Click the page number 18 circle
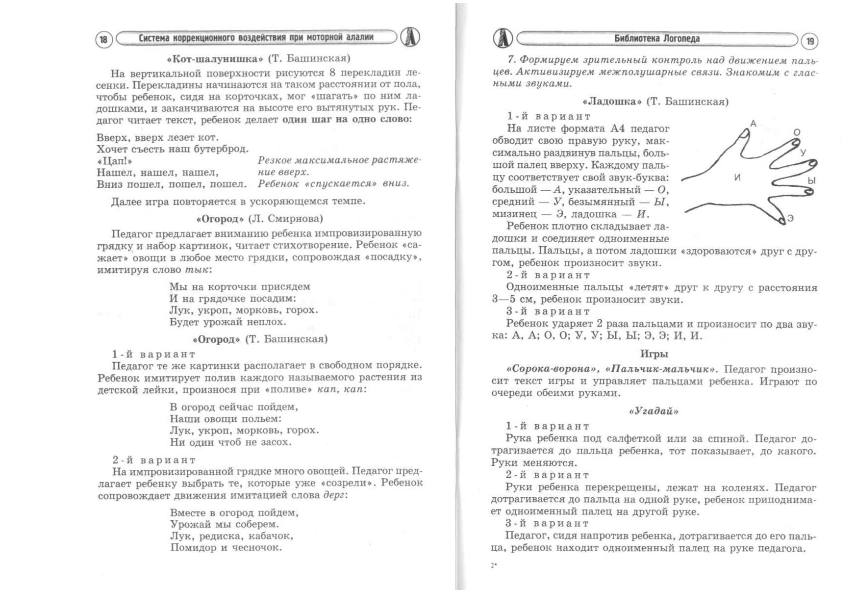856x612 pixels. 103,39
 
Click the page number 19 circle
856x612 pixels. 809,41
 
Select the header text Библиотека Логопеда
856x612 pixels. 657,39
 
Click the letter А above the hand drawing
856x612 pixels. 754,124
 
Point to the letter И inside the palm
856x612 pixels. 737,178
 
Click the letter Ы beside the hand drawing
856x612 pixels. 811,181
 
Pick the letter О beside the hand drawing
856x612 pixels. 797,132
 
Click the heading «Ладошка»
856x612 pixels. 612,102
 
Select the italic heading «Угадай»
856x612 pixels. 654,411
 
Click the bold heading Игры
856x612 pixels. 654,354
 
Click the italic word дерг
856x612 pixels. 334,495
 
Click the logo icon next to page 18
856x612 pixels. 410,38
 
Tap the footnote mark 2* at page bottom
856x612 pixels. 494,566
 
